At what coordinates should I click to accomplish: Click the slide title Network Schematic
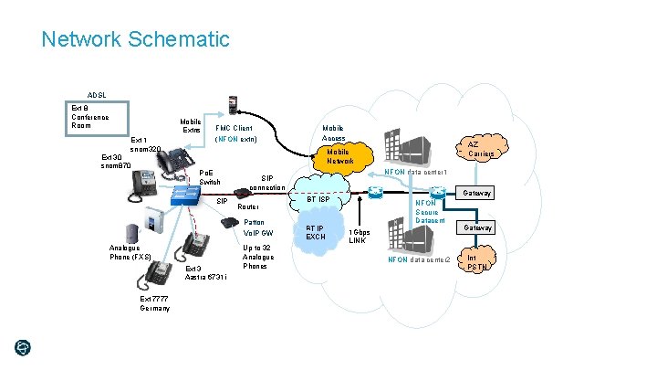coord(135,39)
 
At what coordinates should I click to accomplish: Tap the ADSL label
coord(97,95)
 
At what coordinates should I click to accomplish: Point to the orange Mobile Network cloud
coord(338,155)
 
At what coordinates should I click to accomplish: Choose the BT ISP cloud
coord(323,199)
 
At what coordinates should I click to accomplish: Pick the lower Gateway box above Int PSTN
coord(478,227)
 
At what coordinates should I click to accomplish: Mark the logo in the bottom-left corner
coord(23,347)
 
